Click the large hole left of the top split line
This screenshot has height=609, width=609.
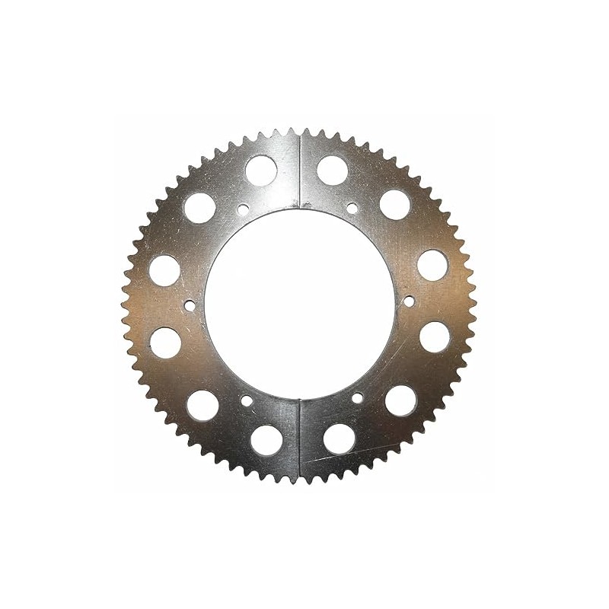click(x=261, y=171)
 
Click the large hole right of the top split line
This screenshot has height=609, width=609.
click(x=333, y=170)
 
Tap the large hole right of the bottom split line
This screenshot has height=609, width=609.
click(x=340, y=438)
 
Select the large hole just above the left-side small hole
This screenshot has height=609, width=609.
click(x=164, y=270)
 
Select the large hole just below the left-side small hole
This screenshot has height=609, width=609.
click(x=166, y=343)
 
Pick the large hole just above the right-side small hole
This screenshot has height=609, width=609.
click(x=432, y=264)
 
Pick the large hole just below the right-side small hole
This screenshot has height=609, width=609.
click(x=435, y=336)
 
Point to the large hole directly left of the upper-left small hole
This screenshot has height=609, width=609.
click(x=200, y=208)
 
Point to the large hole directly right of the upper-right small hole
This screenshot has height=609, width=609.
click(x=395, y=204)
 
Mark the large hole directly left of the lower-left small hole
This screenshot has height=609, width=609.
click(x=203, y=406)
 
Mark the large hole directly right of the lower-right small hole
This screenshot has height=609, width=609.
click(x=401, y=400)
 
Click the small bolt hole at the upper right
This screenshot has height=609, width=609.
click(x=352, y=208)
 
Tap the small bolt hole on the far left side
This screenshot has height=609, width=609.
click(x=190, y=306)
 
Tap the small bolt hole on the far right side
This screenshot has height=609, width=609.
click(x=409, y=301)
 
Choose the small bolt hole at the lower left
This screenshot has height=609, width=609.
click(x=247, y=400)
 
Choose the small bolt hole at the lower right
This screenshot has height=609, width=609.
click(x=357, y=397)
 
